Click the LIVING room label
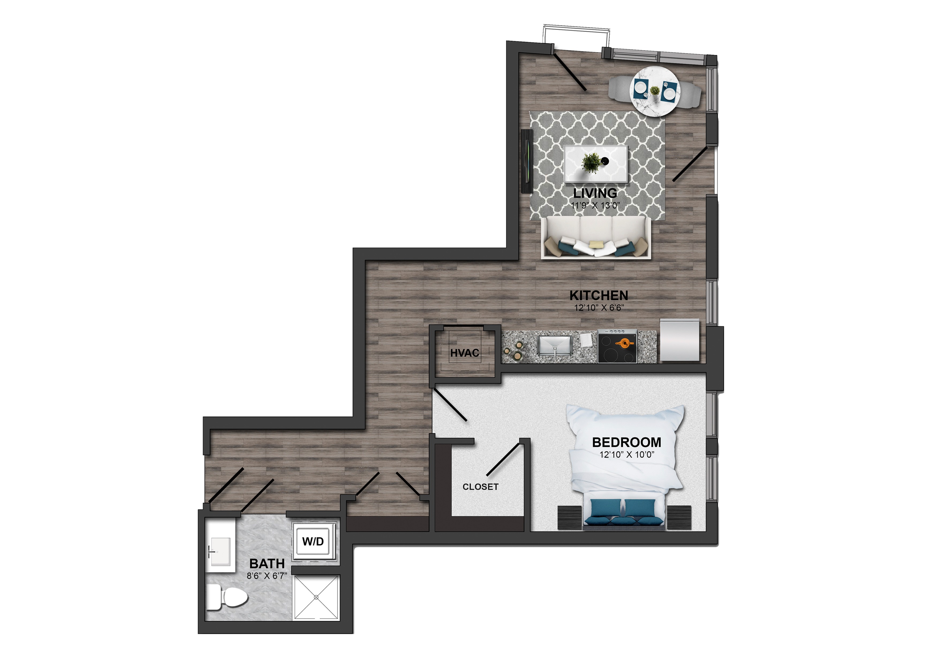pyautogui.click(x=595, y=193)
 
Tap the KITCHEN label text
pyautogui.click(x=598, y=295)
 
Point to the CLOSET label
pyautogui.click(x=480, y=487)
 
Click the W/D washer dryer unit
pyautogui.click(x=313, y=541)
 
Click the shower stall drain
pyautogui.click(x=316, y=598)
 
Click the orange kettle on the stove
pyautogui.click(x=624, y=342)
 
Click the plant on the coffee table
pyautogui.click(x=590, y=163)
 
